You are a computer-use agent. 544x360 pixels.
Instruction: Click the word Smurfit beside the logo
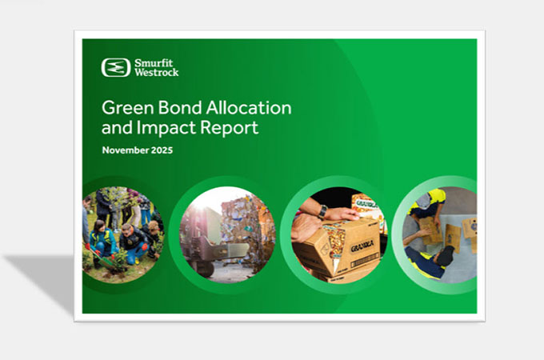pos(153,62)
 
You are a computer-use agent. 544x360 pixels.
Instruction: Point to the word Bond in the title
pos(176,108)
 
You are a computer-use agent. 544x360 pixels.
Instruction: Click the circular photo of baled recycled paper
pos(228,232)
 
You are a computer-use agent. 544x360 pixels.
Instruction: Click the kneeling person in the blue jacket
pos(102,240)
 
